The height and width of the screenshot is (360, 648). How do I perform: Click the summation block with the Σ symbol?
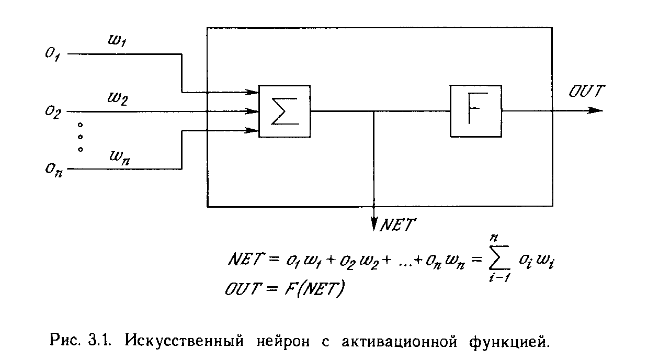click(x=285, y=111)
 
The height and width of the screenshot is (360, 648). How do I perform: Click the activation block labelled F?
click(x=475, y=111)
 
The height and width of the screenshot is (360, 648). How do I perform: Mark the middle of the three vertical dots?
click(x=80, y=137)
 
